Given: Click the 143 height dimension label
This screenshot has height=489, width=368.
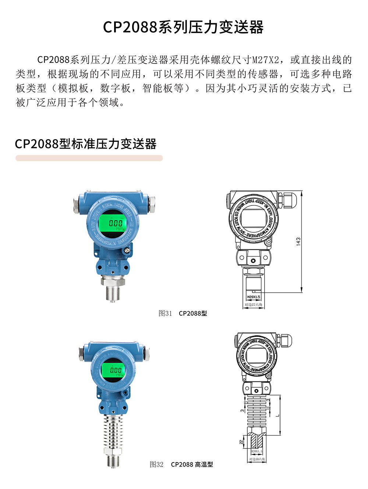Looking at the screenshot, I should click(298, 242).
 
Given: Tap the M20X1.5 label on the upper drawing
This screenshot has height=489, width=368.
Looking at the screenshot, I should click(253, 297).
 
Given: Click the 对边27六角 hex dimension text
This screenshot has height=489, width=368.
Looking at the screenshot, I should click(254, 305).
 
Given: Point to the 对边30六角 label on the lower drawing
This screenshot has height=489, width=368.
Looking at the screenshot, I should click(257, 459).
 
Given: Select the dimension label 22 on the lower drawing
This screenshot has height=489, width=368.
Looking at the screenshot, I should click(241, 442).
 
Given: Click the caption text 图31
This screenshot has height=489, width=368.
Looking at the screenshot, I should click(165, 313).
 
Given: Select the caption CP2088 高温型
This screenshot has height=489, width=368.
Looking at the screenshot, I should click(192, 464).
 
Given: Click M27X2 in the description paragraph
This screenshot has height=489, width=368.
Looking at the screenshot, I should click(266, 60).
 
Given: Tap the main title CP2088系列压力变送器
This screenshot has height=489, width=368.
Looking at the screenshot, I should click(183, 27).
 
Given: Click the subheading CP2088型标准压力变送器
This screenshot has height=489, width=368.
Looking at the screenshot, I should click(86, 144).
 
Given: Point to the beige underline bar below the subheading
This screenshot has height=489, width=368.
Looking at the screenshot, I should click(89, 158).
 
